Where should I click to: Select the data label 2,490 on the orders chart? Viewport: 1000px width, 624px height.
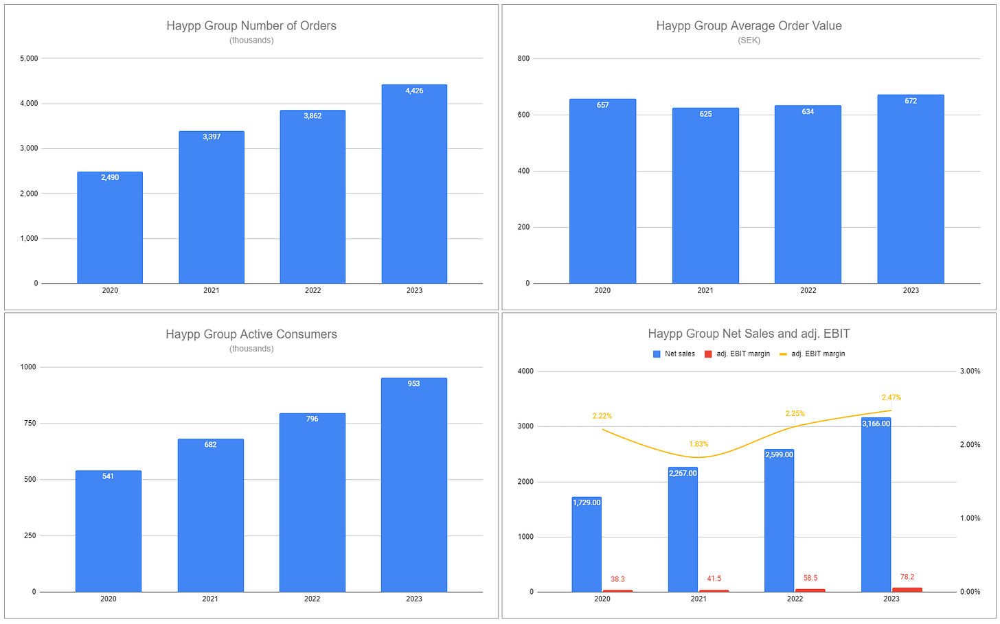(110, 178)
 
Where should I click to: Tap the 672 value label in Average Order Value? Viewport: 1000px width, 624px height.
(911, 101)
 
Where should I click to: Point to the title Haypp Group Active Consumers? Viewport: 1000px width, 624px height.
(251, 334)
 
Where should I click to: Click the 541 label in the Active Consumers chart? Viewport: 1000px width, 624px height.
(108, 476)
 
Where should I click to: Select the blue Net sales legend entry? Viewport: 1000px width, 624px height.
(674, 354)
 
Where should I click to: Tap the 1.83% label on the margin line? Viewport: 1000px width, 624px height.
(698, 444)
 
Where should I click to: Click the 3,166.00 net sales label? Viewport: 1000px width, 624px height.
(876, 424)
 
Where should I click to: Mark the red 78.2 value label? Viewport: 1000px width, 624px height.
(907, 577)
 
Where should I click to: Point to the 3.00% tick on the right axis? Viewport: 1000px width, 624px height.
(970, 371)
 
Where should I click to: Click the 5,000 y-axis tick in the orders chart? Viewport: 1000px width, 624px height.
(30, 59)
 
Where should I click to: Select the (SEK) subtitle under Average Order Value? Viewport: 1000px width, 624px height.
(749, 41)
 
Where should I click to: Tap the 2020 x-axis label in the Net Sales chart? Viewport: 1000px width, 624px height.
(602, 599)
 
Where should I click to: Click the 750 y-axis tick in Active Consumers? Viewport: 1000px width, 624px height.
(30, 424)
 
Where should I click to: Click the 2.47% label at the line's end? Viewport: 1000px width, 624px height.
(891, 397)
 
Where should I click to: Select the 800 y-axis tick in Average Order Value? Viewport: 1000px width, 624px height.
(523, 59)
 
